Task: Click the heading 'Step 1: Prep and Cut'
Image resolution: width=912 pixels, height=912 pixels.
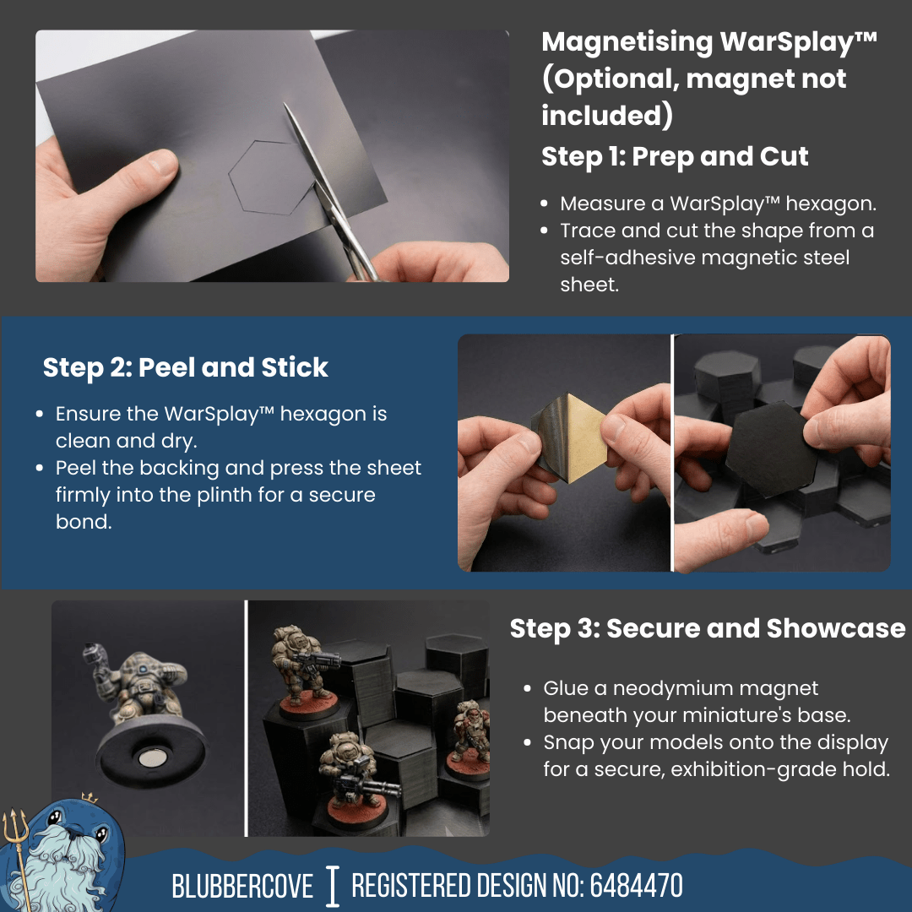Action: click(x=675, y=157)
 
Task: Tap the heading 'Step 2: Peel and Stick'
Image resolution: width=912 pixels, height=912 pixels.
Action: click(x=185, y=368)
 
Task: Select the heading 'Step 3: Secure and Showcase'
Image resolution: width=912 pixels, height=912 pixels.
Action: click(x=707, y=629)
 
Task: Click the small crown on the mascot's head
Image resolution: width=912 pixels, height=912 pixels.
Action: click(x=88, y=798)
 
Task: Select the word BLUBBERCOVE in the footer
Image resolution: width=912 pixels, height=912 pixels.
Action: click(x=242, y=887)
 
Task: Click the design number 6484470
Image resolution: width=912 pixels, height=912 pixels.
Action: click(x=636, y=887)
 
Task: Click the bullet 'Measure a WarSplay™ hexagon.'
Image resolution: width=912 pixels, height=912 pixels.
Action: click(x=719, y=204)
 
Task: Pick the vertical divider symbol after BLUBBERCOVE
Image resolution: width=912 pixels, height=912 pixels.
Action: click(x=333, y=886)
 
